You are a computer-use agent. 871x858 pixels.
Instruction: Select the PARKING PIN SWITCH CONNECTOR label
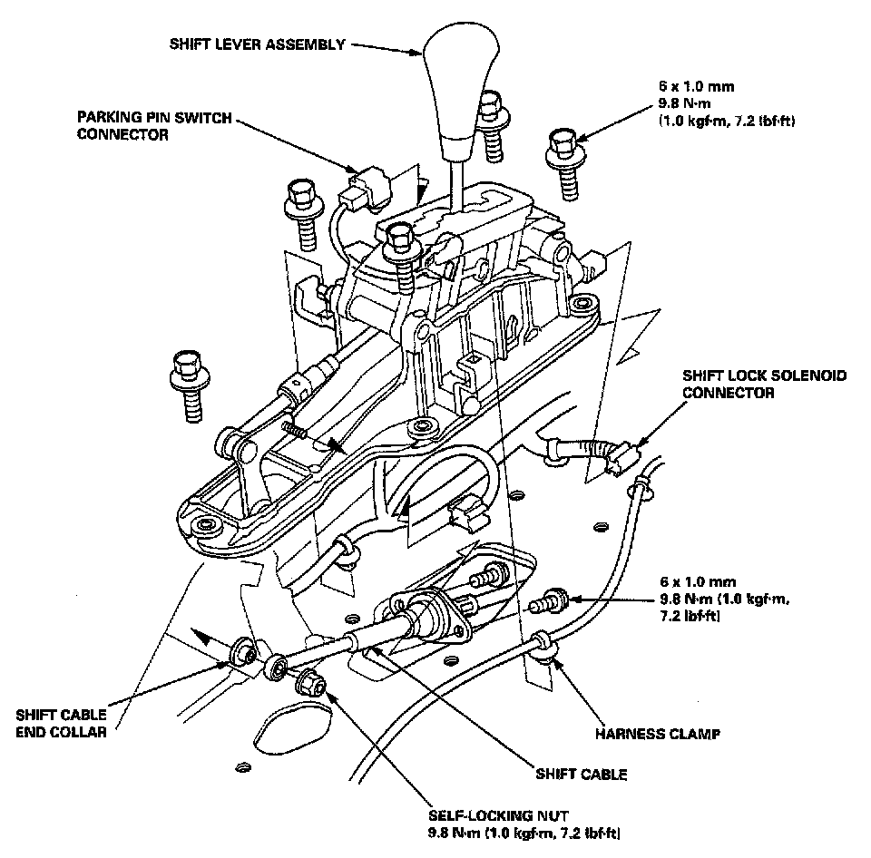click(x=154, y=126)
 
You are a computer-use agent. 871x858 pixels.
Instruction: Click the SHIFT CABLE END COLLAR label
click(x=61, y=724)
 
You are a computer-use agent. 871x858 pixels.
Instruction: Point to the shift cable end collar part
click(x=243, y=652)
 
